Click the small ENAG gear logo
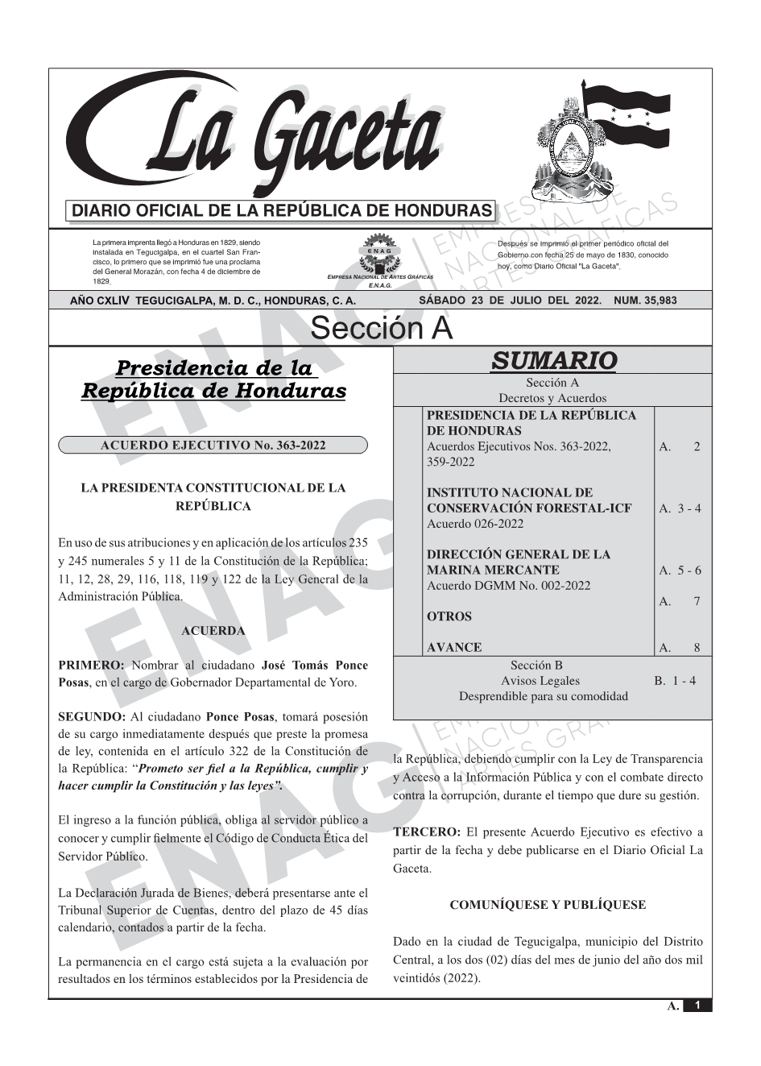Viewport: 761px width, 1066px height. (x=380, y=255)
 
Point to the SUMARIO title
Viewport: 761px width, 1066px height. (x=553, y=360)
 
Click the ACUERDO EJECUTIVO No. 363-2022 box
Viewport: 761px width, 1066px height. (x=213, y=446)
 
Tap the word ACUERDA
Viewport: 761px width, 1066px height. (x=213, y=630)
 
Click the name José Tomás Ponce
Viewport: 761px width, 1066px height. (x=315, y=666)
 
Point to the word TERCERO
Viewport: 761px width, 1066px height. (x=427, y=832)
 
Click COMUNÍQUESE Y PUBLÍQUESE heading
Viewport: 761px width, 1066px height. (x=548, y=905)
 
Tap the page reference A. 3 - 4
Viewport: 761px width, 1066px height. (x=680, y=508)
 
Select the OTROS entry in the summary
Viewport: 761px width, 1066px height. (x=449, y=616)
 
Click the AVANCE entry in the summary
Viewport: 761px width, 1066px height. (x=454, y=647)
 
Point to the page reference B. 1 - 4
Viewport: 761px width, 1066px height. (x=675, y=681)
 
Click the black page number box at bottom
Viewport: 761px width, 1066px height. (x=697, y=1006)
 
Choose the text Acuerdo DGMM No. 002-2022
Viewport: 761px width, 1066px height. (x=508, y=586)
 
